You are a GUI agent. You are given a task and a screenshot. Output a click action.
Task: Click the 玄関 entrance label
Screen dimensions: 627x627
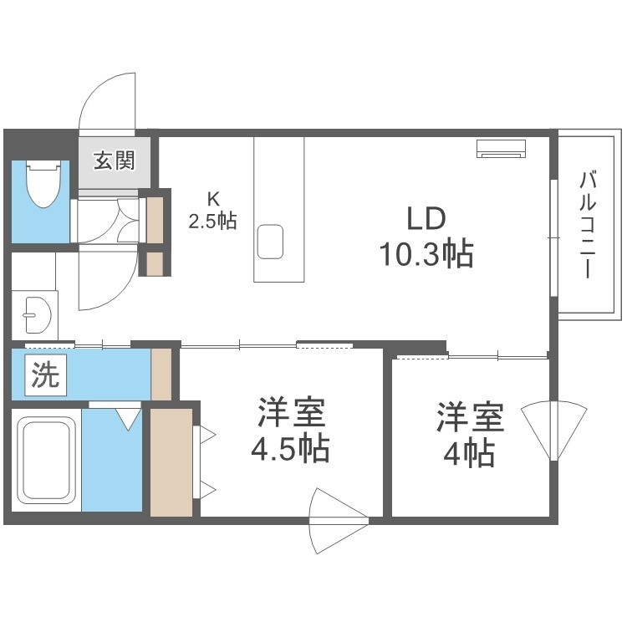(114, 161)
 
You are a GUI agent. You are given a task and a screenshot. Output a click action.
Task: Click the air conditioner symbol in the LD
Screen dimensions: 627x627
(502, 148)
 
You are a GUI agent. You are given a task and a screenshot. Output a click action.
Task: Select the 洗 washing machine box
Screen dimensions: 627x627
(45, 375)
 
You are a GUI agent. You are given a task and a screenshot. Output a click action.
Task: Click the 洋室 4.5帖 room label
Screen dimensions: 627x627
(290, 432)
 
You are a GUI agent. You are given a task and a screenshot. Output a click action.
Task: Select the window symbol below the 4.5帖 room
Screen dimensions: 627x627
(338, 517)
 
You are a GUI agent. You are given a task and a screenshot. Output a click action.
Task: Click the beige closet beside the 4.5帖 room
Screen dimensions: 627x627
(171, 461)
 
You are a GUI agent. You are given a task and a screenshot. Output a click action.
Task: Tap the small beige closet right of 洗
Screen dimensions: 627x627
(161, 374)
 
